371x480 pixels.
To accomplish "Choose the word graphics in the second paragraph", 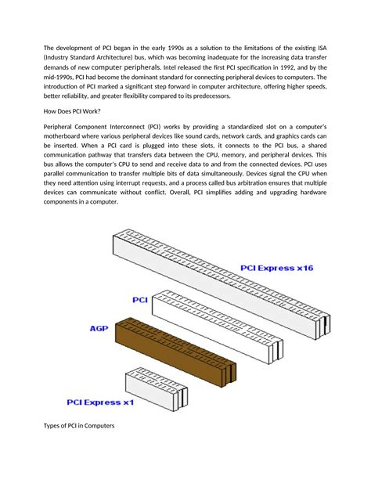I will [283, 136].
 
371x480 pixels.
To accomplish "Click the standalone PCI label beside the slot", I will [140, 299].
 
